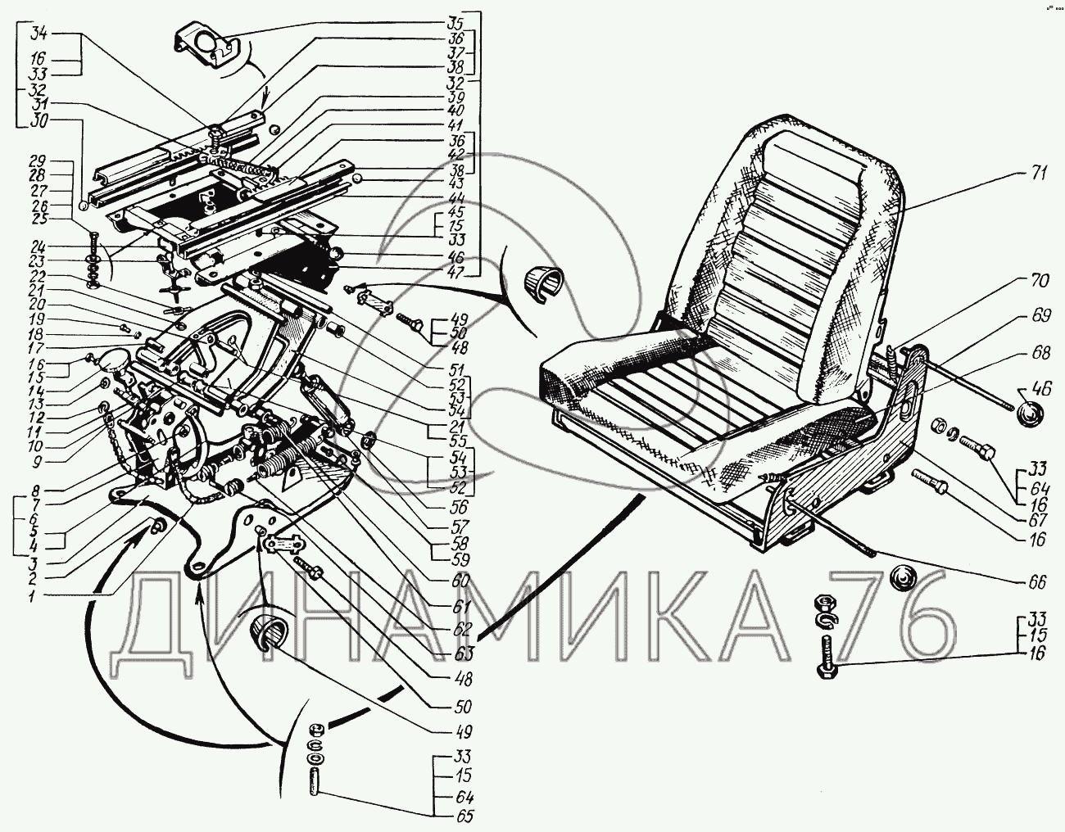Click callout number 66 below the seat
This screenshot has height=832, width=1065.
(x=1036, y=583)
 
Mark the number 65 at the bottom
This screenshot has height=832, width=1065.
(x=465, y=816)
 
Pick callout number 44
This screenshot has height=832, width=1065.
(x=456, y=198)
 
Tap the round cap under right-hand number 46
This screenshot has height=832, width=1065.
(x=1027, y=414)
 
